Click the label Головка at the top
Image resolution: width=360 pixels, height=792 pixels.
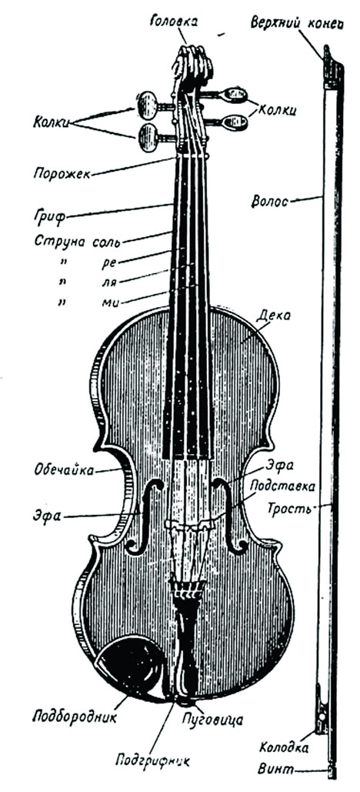point(174,22)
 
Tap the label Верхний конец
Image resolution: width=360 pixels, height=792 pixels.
point(297,23)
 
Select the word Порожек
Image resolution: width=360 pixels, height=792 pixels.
point(62,174)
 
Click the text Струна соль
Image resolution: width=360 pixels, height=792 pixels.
point(77,240)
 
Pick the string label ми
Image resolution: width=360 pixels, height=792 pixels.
point(108,302)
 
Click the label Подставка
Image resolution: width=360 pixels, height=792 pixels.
point(283,486)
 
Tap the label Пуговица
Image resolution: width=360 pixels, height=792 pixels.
point(212,719)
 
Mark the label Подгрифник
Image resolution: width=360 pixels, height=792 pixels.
point(152,760)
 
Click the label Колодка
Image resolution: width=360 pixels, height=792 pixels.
point(285,747)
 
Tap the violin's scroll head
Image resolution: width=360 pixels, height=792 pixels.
point(192,65)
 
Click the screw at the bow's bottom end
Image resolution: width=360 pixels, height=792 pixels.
point(332,772)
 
